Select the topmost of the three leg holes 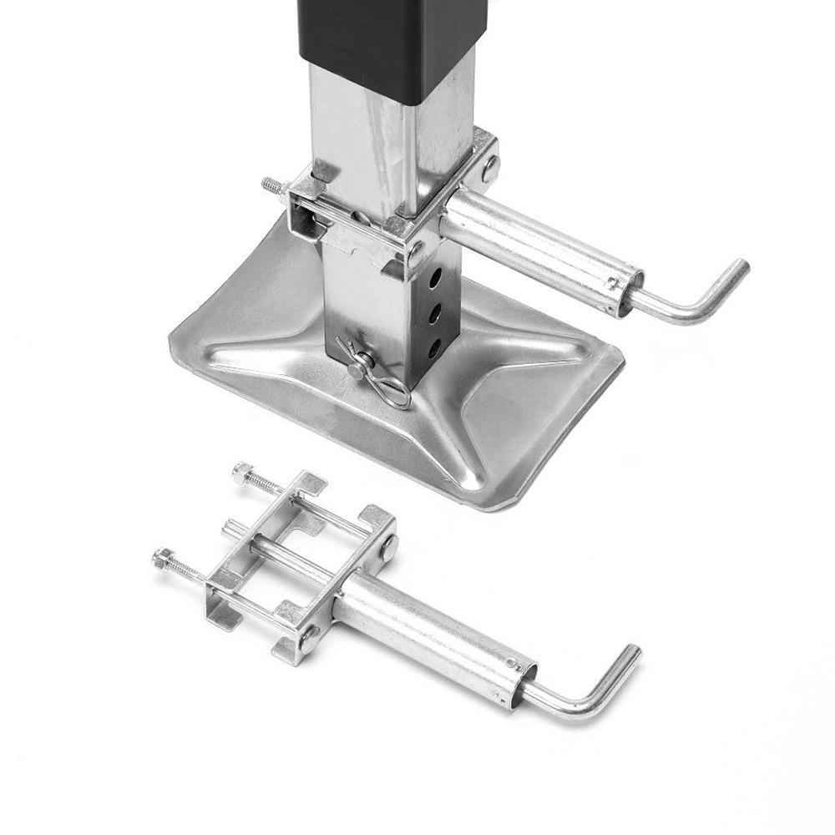434,276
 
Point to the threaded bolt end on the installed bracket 271,185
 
